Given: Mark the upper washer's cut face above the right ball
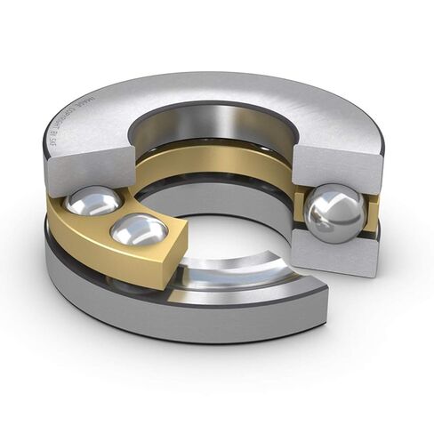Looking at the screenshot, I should (335, 166).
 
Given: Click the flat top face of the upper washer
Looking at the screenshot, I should (267, 102).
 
